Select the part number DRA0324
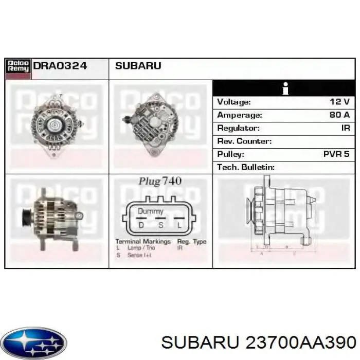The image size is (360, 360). click(x=60, y=66)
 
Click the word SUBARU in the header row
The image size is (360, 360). click(x=138, y=66)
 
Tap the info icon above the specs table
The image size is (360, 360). click(x=284, y=88)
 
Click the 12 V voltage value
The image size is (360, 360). click(x=339, y=102)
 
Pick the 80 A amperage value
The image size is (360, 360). click(x=339, y=115)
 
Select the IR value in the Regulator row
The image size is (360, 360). click(x=345, y=128)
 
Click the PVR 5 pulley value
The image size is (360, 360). click(x=336, y=154)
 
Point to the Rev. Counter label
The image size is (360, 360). click(x=244, y=141)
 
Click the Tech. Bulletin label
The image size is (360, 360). click(x=246, y=167)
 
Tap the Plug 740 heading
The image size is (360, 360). click(x=160, y=181)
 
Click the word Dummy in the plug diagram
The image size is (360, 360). click(x=150, y=211)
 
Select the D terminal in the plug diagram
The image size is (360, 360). click(x=140, y=225)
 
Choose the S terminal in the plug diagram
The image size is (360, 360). click(x=160, y=225)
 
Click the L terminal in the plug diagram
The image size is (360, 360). click(x=179, y=225)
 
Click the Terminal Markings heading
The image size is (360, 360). click(x=143, y=241)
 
